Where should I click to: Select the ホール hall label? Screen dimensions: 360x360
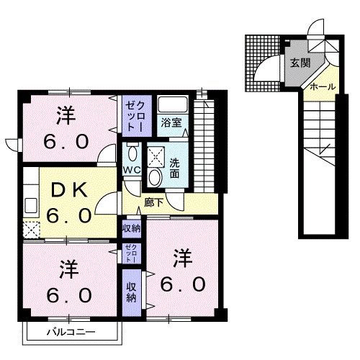coord(323,86)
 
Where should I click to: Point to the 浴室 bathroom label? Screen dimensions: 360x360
coord(171,122)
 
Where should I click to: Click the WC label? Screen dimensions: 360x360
coord(131,170)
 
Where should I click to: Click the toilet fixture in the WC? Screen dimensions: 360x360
coord(132,153)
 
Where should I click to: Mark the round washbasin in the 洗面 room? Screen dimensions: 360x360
coord(154,176)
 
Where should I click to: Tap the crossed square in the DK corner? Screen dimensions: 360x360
coord(30,230)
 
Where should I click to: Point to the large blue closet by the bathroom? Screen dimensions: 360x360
coord(135,115)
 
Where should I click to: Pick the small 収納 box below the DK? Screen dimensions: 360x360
coord(131,228)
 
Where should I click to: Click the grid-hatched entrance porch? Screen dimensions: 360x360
coord(261,63)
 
